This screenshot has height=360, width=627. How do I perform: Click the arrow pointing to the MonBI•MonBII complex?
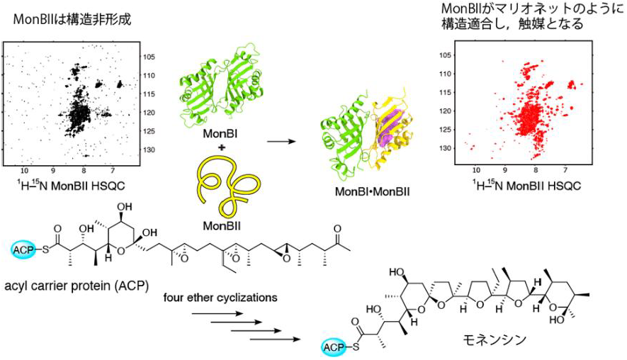[281, 141]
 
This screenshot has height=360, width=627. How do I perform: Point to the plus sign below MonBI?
[221, 147]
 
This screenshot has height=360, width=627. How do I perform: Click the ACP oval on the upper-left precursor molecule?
[25, 250]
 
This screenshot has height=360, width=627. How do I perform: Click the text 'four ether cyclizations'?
[220, 298]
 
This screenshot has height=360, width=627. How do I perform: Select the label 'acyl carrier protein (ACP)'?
[77, 286]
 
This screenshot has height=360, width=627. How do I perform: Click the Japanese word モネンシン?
[495, 339]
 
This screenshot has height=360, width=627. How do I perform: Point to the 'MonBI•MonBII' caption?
[372, 191]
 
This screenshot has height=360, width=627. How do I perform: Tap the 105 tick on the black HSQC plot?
[149, 57]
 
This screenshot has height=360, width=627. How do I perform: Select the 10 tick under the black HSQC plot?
[24, 171]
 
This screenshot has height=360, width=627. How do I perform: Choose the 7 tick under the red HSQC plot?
[565, 170]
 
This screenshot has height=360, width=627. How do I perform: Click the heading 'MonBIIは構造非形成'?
[72, 19]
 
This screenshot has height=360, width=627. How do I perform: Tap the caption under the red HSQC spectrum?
[526, 185]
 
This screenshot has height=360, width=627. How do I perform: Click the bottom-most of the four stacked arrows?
[275, 339]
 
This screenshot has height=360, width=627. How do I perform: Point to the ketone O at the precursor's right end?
[337, 229]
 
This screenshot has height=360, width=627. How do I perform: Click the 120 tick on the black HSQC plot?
[149, 113]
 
